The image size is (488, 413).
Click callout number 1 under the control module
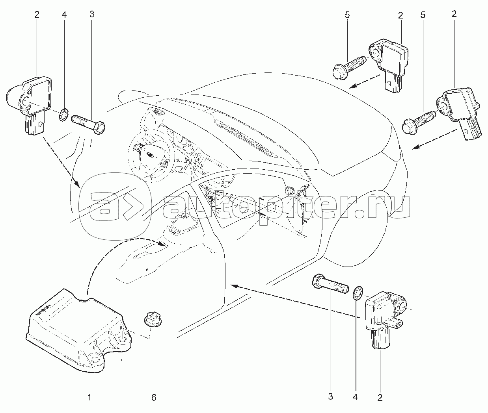[89, 397]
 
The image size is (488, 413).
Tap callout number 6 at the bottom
[154, 397]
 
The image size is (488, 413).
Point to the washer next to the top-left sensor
[63, 115]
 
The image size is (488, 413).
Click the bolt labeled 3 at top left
[88, 124]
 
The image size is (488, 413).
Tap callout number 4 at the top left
[64, 15]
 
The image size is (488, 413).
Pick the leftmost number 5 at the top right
[347, 15]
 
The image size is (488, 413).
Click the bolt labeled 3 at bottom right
[330, 284]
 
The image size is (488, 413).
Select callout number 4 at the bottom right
[355, 397]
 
